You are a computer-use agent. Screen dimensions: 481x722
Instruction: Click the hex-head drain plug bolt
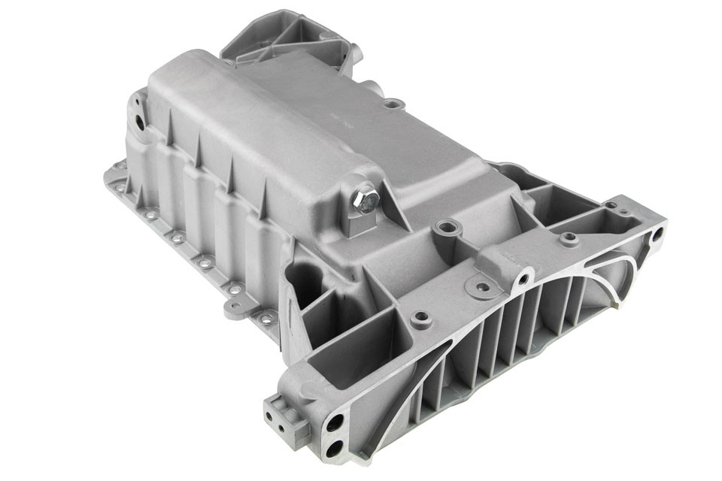click(366, 201)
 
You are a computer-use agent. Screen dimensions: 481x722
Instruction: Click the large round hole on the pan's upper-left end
click(141, 123)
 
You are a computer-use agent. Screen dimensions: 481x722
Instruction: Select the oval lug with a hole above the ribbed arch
click(479, 286)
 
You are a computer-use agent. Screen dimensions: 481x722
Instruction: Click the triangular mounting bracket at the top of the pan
click(289, 38)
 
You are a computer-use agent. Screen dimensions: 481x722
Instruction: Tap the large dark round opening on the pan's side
click(305, 280)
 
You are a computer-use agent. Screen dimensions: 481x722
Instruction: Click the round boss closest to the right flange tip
click(569, 240)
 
